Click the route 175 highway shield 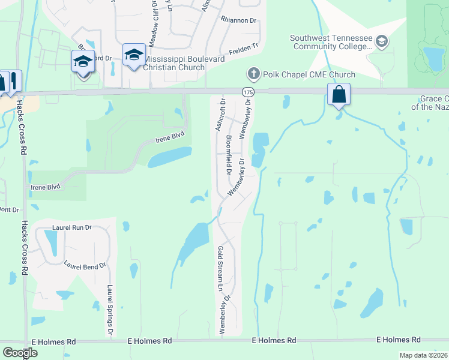(248, 92)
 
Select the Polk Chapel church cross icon (253, 74)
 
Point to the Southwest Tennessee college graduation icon (381, 41)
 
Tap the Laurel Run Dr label (71, 228)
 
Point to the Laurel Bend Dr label (85, 265)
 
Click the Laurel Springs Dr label (110, 309)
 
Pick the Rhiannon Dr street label (238, 20)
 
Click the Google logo (20, 352)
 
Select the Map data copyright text (423, 355)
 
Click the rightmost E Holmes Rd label (398, 340)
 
